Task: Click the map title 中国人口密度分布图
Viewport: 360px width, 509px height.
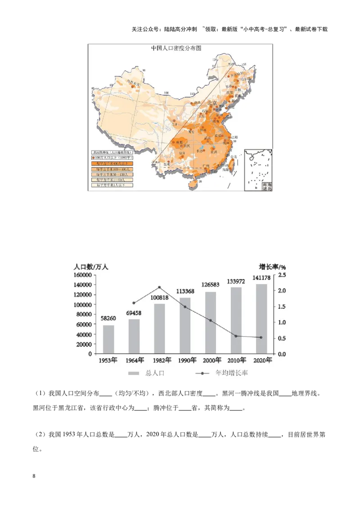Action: coord(177,48)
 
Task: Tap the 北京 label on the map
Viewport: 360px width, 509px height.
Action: coord(211,103)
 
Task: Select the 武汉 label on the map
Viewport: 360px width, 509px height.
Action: coord(207,138)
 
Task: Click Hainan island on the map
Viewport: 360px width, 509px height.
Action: coord(194,183)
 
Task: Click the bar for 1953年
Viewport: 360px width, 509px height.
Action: coord(108,339)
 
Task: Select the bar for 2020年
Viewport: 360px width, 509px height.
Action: coord(262,318)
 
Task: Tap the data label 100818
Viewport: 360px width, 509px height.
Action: coord(160,298)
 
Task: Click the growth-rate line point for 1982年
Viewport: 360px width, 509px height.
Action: coord(160,287)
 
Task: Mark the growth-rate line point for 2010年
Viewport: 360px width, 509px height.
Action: coord(236,336)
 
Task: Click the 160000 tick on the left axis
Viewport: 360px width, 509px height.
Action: coord(83,275)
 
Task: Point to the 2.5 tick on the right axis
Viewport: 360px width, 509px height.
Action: coord(282,275)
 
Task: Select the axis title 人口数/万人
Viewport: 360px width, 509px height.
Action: coord(91,266)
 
